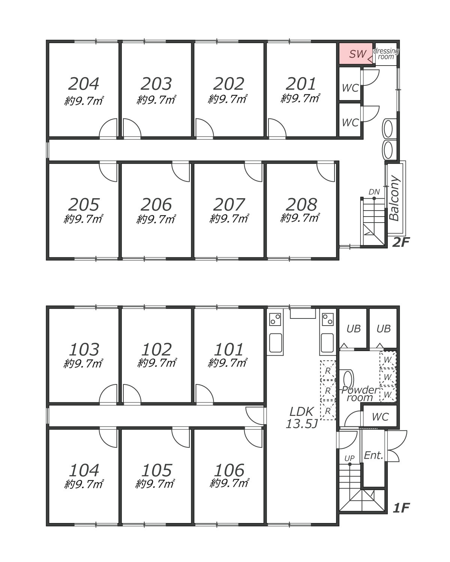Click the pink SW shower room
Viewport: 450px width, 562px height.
tap(356, 54)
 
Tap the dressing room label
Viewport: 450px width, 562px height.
tap(386, 54)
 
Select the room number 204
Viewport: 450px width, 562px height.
tap(84, 84)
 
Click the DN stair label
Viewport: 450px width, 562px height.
tap(374, 192)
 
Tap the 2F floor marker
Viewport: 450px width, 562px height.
tap(400, 242)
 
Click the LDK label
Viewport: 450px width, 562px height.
tap(301, 412)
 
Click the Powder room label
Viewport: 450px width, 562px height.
tap(360, 394)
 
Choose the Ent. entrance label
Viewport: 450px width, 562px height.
tap(373, 455)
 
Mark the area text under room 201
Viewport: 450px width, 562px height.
tap(300, 99)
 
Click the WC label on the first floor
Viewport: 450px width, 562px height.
tap(380, 417)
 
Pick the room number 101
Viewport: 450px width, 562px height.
tap(229, 350)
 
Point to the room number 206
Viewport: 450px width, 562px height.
tap(156, 205)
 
